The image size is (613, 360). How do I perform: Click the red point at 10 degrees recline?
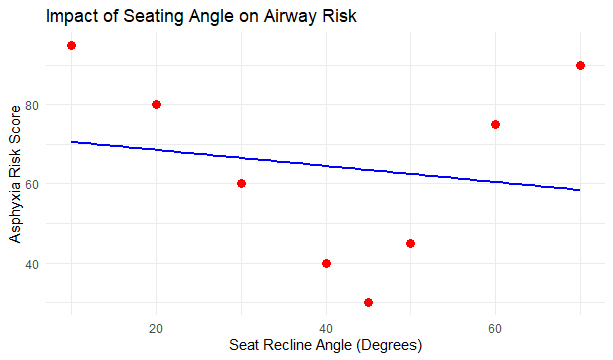click(71, 46)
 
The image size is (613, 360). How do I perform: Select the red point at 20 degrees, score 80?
click(156, 105)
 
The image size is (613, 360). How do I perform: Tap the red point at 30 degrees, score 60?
click(241, 184)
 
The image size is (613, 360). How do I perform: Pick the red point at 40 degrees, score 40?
click(326, 263)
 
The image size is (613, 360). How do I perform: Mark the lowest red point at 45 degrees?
click(368, 302)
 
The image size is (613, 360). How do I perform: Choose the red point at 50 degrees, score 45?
click(411, 243)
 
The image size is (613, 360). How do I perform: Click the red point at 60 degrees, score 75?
click(495, 125)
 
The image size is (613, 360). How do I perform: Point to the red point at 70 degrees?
click(580, 66)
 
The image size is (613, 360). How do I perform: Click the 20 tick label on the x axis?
click(156, 327)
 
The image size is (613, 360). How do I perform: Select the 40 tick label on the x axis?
click(326, 327)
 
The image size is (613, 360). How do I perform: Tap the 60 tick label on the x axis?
click(495, 327)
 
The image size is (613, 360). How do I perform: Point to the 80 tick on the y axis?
click(32, 105)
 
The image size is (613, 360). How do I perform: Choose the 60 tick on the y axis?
click(32, 184)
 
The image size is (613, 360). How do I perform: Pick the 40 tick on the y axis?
click(32, 263)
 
